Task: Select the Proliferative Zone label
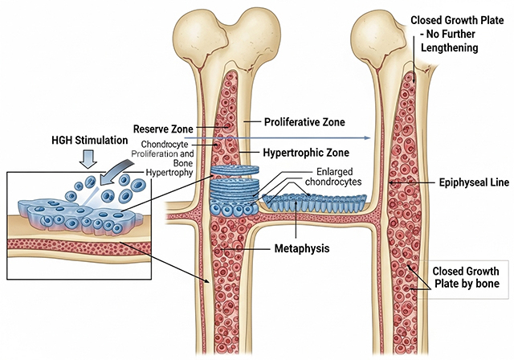coord(305,122)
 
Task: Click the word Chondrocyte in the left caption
coord(157,143)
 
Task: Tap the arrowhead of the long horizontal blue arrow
coord(365,138)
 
